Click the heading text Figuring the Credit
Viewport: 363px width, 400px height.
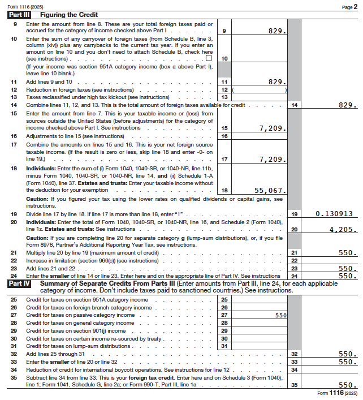click(59, 14)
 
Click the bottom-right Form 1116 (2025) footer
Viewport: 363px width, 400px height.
click(336, 393)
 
